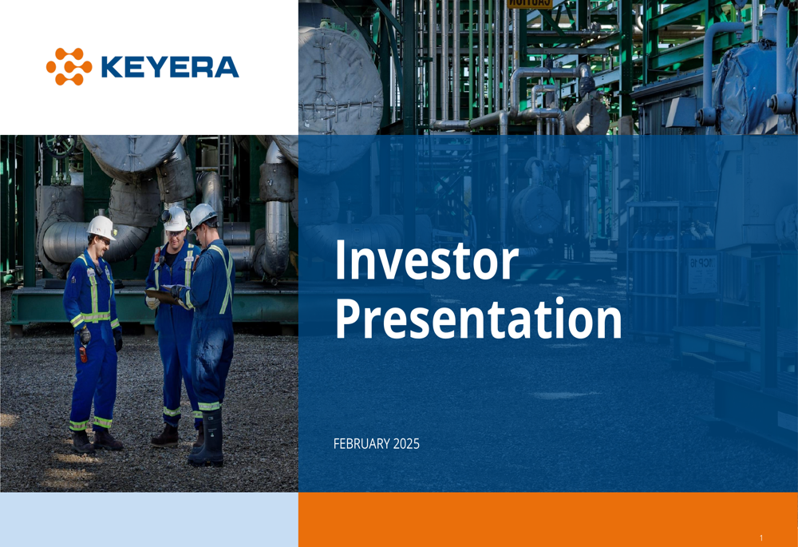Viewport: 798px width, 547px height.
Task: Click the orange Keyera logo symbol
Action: click(x=69, y=67)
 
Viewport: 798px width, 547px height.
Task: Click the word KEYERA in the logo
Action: click(x=170, y=67)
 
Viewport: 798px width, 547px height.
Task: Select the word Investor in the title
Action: click(x=426, y=261)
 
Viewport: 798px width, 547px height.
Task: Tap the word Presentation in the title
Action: click(x=478, y=319)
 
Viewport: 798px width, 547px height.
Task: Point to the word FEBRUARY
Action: click(x=361, y=444)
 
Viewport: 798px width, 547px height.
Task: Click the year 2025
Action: click(x=407, y=444)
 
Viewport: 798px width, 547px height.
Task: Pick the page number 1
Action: click(x=761, y=538)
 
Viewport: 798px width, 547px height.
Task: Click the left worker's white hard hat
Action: click(x=102, y=227)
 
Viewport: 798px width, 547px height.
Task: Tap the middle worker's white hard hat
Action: click(x=175, y=219)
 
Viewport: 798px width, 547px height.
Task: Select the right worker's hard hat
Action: click(x=203, y=215)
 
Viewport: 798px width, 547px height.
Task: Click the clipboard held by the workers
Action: click(x=163, y=296)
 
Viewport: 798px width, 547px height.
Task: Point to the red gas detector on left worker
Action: click(x=83, y=354)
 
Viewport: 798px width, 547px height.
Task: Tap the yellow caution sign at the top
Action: click(x=529, y=3)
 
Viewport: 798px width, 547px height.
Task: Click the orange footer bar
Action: click(x=548, y=520)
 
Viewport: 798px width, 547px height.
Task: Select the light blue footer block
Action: click(x=149, y=520)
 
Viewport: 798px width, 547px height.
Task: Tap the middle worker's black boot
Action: click(x=165, y=436)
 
